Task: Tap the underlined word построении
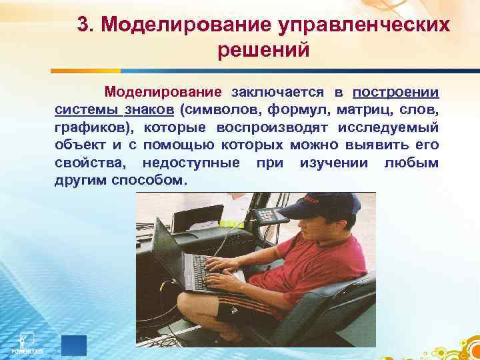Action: click(x=395, y=91)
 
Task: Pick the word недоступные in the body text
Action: click(x=191, y=163)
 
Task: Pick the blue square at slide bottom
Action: click(x=74, y=345)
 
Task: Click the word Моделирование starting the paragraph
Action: click(x=163, y=91)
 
